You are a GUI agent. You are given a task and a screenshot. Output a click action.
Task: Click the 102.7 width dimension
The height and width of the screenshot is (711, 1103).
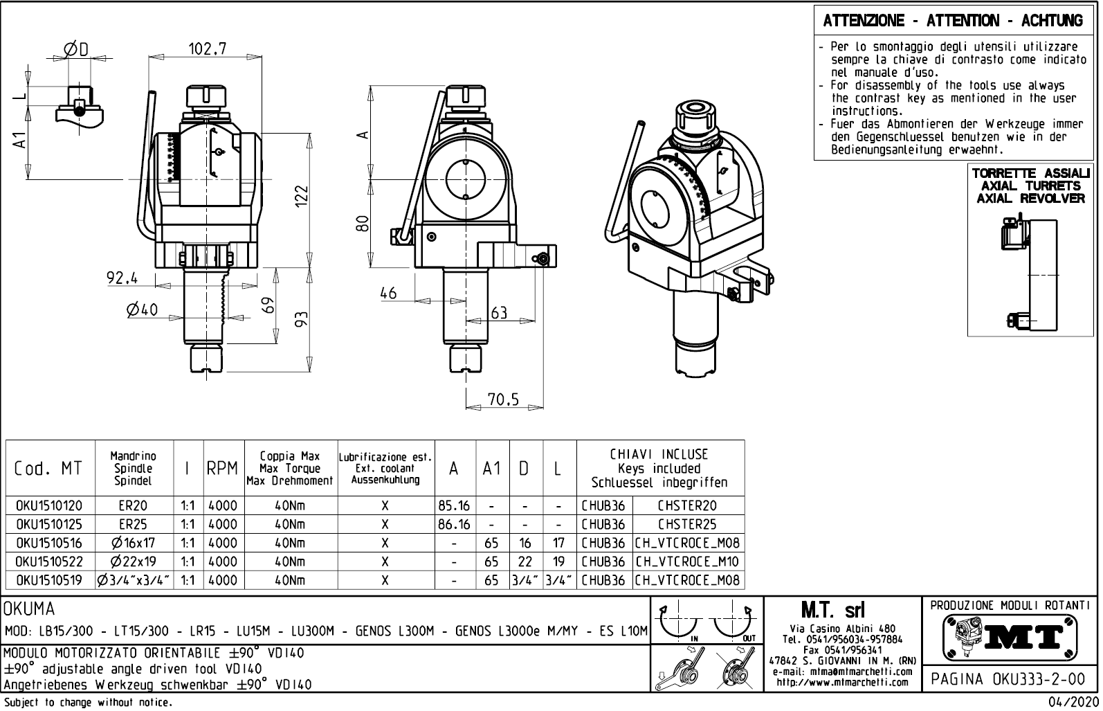208,48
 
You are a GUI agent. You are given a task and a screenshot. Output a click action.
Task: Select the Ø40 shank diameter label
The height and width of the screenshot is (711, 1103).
142,310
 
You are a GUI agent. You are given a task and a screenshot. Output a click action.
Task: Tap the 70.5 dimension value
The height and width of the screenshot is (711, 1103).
503,399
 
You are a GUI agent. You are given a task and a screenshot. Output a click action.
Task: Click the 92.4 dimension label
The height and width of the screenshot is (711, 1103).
122,278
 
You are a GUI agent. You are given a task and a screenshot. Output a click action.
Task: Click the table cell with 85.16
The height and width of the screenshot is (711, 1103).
454,506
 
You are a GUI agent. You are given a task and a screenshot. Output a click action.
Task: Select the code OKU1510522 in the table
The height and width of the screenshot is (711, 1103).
48,561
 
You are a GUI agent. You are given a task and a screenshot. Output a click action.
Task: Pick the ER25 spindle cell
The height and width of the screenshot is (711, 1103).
133,525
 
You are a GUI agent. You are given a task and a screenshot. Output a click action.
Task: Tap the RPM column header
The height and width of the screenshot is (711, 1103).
222,469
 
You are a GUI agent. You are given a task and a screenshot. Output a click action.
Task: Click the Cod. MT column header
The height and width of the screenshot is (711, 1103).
48,469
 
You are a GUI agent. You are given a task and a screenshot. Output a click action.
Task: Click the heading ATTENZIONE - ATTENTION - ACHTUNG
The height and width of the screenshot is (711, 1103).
953,21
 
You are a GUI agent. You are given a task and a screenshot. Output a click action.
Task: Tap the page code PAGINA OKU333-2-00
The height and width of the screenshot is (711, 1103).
1010,679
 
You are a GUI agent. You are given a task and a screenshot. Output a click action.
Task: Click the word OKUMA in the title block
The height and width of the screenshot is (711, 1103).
29,610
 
